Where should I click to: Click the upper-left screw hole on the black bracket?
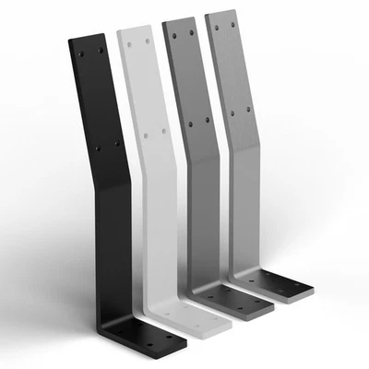[x=80, y=52]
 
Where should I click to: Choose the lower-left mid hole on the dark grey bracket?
[x=190, y=122]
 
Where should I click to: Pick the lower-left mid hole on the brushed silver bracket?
[x=232, y=114]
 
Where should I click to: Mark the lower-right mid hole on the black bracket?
[x=116, y=143]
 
